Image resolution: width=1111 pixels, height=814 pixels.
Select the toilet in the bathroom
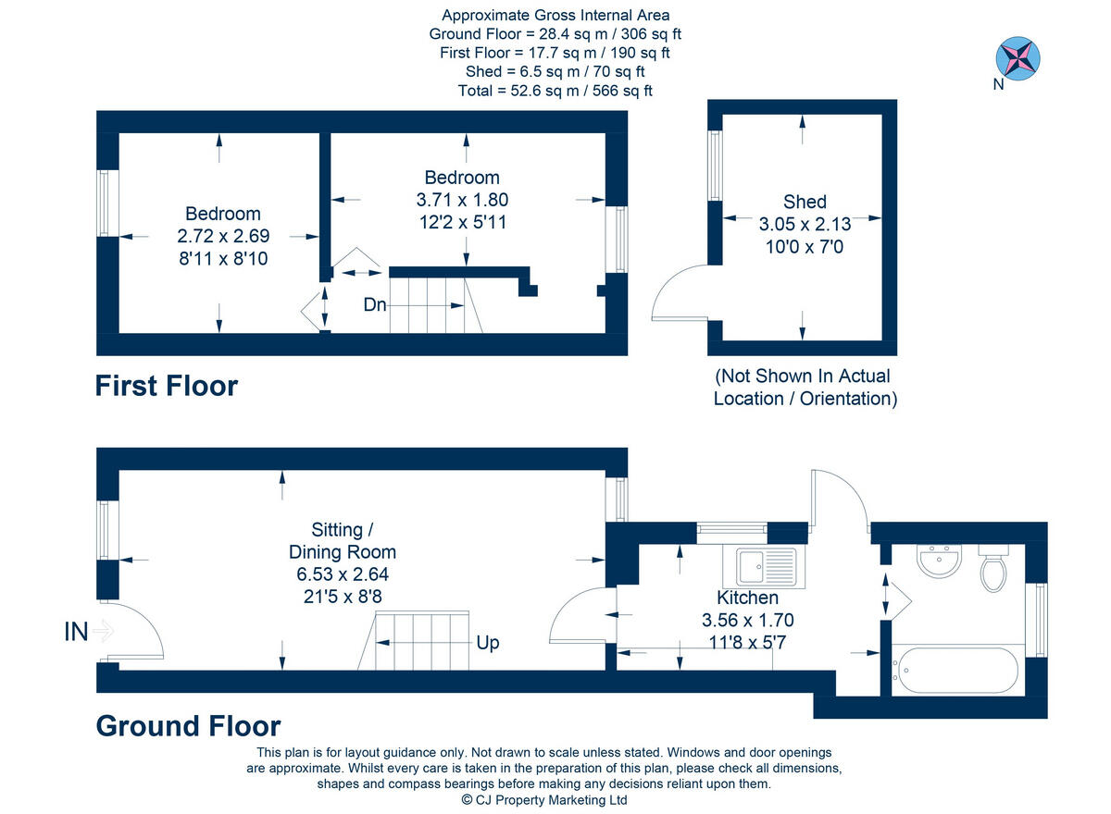[x=993, y=568]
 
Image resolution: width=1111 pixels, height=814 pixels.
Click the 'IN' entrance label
[x=77, y=632]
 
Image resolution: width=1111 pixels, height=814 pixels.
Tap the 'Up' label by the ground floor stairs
[x=487, y=642]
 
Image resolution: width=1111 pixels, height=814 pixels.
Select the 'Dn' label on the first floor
[x=374, y=304]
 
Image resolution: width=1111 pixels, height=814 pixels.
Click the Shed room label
[x=804, y=202]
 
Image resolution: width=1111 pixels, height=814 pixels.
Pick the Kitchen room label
[x=747, y=598]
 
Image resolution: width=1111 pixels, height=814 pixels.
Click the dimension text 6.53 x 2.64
[x=341, y=574]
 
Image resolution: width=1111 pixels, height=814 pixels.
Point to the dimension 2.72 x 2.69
[x=222, y=236]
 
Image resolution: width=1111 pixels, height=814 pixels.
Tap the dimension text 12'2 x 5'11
[x=461, y=222]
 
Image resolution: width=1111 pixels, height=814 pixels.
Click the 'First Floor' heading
[x=167, y=386]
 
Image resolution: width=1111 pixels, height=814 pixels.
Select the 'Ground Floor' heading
[x=188, y=726]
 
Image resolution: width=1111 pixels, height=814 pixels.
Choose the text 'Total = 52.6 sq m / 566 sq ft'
[x=555, y=91]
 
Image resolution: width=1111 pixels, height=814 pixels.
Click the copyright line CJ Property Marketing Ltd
[x=544, y=800]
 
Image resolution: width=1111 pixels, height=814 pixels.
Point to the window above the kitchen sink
[x=731, y=530]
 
